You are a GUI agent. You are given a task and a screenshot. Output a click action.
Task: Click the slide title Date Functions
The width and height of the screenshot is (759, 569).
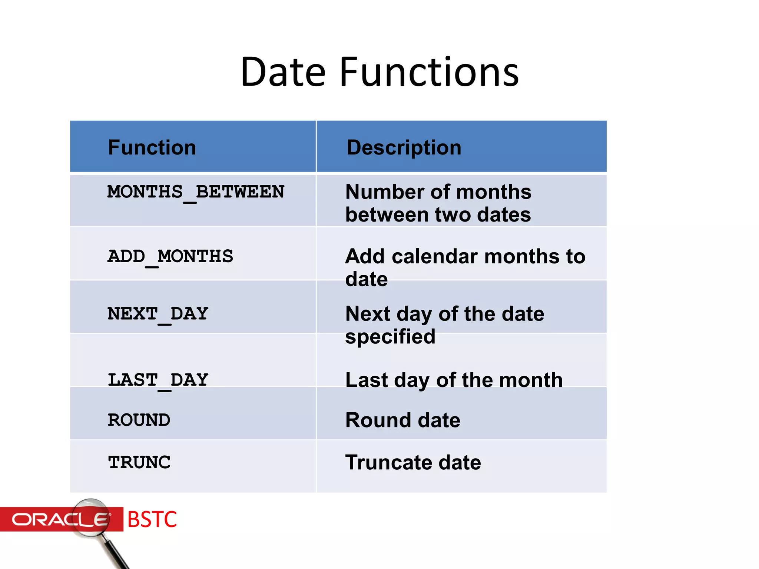click(379, 72)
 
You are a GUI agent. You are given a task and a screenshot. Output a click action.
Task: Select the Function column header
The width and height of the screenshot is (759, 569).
click(152, 147)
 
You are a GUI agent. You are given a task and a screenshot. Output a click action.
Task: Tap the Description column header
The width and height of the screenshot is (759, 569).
click(404, 147)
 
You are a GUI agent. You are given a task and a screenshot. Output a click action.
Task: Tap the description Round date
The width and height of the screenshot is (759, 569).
click(402, 420)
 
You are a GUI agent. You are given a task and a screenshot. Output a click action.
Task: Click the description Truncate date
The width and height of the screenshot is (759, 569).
click(413, 463)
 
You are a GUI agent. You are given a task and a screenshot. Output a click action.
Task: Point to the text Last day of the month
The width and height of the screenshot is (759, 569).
click(454, 380)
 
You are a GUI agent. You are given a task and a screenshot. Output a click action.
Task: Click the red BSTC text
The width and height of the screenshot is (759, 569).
click(152, 519)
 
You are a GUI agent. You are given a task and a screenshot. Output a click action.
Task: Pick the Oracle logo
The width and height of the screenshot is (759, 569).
click(59, 519)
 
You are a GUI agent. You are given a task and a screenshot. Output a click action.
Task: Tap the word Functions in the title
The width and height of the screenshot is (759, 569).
click(429, 72)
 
